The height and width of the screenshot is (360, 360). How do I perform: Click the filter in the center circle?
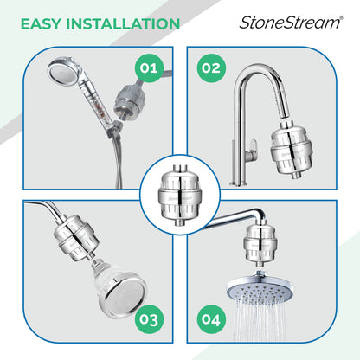180,188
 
